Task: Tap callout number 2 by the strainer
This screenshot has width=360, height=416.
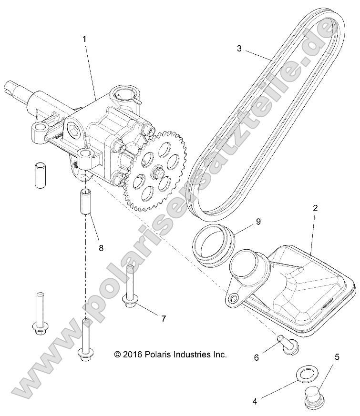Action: (x=315, y=208)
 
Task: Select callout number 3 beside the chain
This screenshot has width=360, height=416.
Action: (x=239, y=48)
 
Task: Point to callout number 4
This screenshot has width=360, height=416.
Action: (x=255, y=401)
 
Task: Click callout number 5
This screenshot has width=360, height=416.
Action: (x=337, y=356)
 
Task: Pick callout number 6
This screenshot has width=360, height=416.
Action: (x=256, y=357)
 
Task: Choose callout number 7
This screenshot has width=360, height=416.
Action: (x=164, y=318)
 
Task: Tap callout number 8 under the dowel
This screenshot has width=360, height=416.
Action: (x=101, y=247)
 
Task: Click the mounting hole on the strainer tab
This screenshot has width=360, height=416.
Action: (x=233, y=298)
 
